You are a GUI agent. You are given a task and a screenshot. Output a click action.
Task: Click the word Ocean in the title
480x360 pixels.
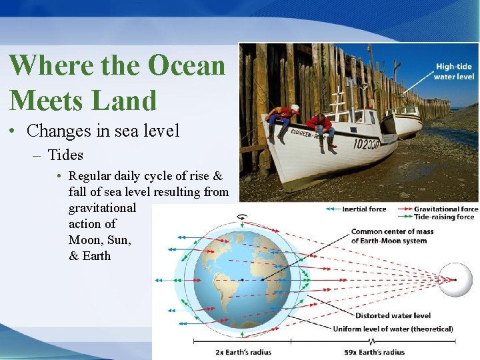pyautogui.click(x=187, y=65)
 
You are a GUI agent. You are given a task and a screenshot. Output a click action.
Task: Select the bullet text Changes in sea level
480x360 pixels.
pyautogui.click(x=103, y=131)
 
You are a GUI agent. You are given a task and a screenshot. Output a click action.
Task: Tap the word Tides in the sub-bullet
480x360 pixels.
pyautogui.click(x=65, y=155)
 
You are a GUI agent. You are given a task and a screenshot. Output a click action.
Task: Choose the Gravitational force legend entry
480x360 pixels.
pyautogui.click(x=445, y=209)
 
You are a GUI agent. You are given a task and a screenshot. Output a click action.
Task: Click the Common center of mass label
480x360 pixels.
pyautogui.click(x=392, y=236)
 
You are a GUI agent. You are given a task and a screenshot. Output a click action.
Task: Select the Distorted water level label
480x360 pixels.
pyautogui.click(x=393, y=315)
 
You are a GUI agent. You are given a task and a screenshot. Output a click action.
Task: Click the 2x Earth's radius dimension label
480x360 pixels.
pyautogui.click(x=243, y=352)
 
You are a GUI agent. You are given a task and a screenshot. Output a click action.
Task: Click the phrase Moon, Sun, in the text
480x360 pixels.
pyautogui.click(x=99, y=239)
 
